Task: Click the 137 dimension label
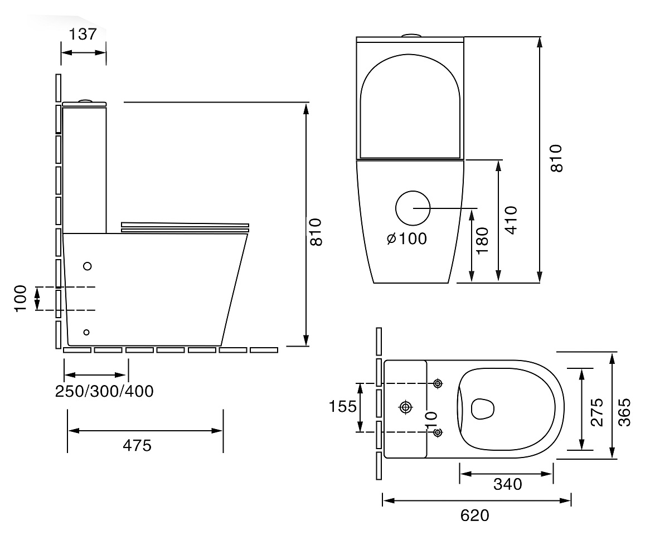click(x=83, y=34)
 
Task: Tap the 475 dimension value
click(x=137, y=446)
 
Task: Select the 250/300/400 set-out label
click(x=104, y=391)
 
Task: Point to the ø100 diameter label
click(x=406, y=238)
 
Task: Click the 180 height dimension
click(x=483, y=240)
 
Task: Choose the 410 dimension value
click(x=511, y=220)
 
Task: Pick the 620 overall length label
click(x=474, y=515)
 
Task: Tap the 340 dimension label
click(x=507, y=484)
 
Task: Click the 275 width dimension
click(x=597, y=412)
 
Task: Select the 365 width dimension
click(x=624, y=412)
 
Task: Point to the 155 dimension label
click(x=342, y=407)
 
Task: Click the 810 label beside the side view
click(x=316, y=232)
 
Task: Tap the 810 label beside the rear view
click(x=556, y=158)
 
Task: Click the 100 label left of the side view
click(x=20, y=299)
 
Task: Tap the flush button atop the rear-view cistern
click(x=411, y=36)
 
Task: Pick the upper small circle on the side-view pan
click(x=88, y=266)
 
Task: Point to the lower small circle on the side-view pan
click(x=86, y=332)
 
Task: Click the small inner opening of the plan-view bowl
click(x=483, y=409)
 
